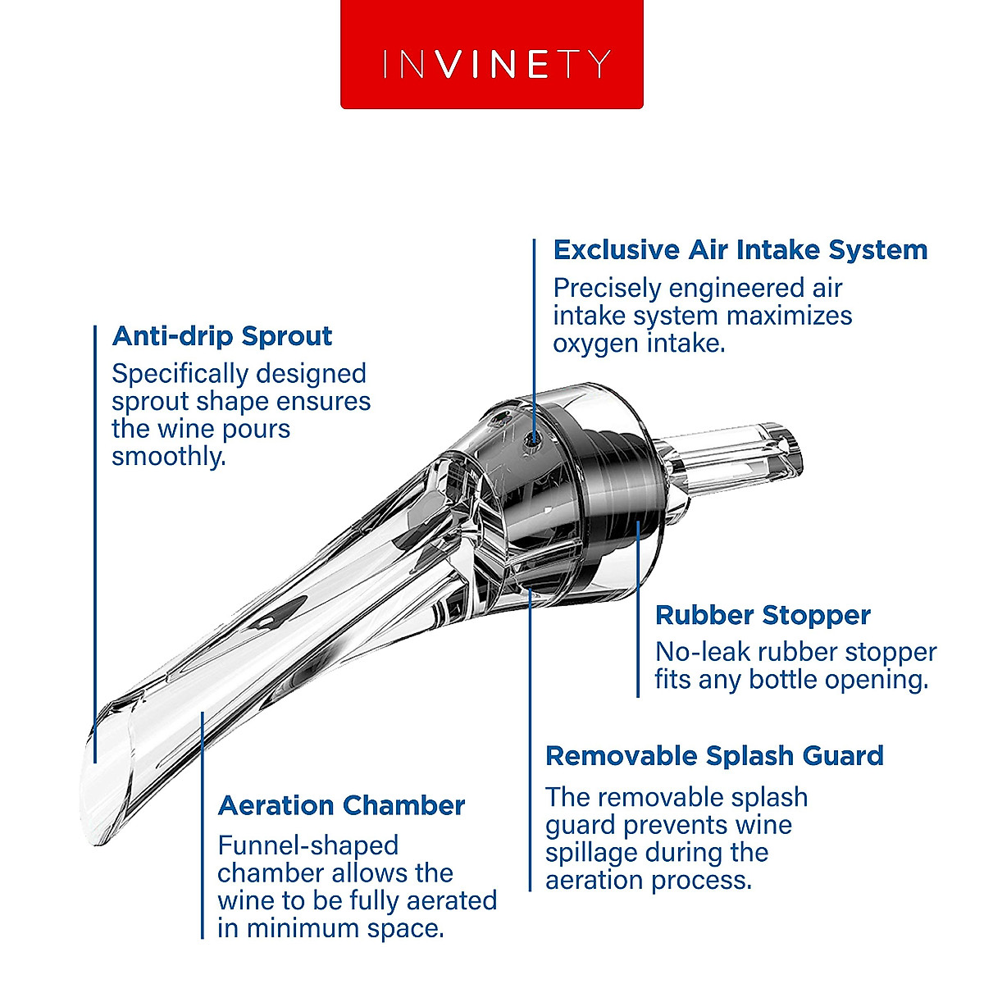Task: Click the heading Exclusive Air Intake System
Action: [x=740, y=250]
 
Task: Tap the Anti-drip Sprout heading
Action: [x=221, y=336]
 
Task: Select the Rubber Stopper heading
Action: [x=763, y=615]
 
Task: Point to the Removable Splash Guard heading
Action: [x=714, y=756]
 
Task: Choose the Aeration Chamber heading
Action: [x=341, y=805]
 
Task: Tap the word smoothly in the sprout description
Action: [x=168, y=457]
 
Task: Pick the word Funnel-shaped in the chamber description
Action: [x=307, y=845]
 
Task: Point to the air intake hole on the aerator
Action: [x=534, y=438]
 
